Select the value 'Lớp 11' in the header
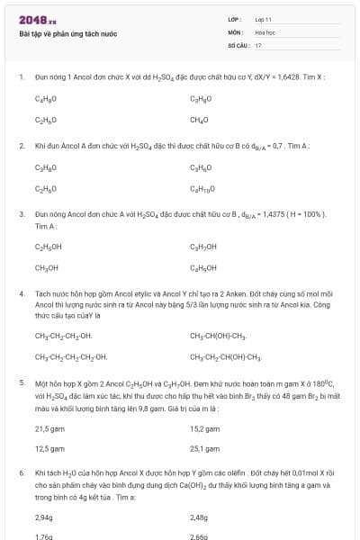263,19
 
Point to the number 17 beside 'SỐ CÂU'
258,44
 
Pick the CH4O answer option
199,120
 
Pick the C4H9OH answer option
203,267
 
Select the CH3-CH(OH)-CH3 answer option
218,336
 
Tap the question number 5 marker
22,383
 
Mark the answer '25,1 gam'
205,448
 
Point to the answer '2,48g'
199,517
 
